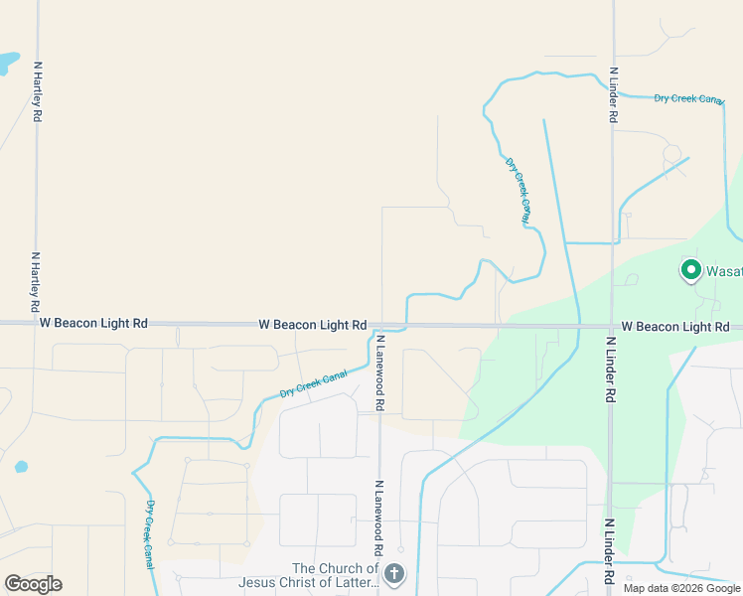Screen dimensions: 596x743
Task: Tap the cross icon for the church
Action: click(394, 573)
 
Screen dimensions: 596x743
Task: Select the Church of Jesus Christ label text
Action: click(335, 575)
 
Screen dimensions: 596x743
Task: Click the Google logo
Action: click(33, 584)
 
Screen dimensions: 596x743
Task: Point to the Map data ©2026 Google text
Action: click(681, 588)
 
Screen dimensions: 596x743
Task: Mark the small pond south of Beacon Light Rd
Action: click(20, 466)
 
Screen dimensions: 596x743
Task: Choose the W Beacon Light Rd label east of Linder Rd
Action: click(675, 327)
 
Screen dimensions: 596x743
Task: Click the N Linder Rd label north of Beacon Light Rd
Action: click(614, 95)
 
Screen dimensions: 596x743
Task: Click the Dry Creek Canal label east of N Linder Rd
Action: click(688, 99)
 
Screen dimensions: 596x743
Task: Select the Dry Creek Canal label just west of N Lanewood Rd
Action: click(313, 383)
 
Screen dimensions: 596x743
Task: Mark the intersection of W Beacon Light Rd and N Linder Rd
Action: click(612, 326)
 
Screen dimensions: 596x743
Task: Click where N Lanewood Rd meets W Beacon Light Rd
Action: click(380, 325)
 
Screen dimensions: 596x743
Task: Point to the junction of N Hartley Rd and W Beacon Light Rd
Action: click(37, 323)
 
